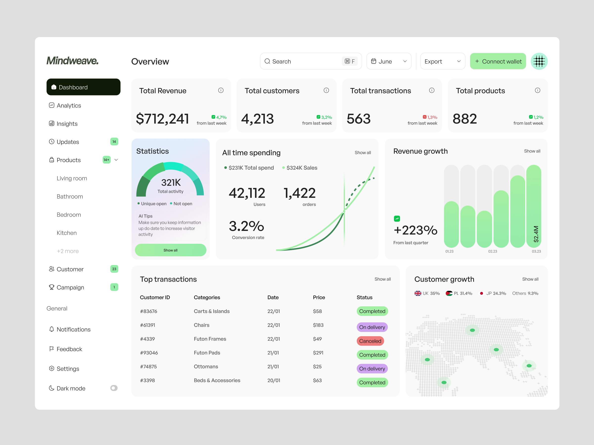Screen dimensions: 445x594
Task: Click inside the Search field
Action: (x=303, y=61)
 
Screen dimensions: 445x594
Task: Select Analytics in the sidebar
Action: (x=69, y=105)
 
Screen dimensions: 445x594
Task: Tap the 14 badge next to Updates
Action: (x=114, y=142)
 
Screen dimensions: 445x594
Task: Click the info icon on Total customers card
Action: (x=326, y=90)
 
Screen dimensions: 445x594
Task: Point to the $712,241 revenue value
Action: (x=162, y=119)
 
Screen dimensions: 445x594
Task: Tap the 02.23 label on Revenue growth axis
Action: (x=493, y=251)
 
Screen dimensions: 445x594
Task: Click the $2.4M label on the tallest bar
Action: (x=536, y=234)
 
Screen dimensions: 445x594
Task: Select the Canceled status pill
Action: (x=370, y=341)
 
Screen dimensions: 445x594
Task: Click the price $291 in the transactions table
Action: (x=318, y=353)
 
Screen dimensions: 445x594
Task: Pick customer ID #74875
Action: (x=148, y=366)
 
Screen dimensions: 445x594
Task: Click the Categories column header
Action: (x=207, y=297)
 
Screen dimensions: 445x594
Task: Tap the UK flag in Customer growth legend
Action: (x=418, y=293)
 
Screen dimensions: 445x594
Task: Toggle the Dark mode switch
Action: (x=114, y=388)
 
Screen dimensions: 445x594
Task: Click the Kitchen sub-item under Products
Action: (x=67, y=233)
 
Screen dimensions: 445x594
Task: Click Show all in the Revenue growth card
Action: (x=532, y=151)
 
